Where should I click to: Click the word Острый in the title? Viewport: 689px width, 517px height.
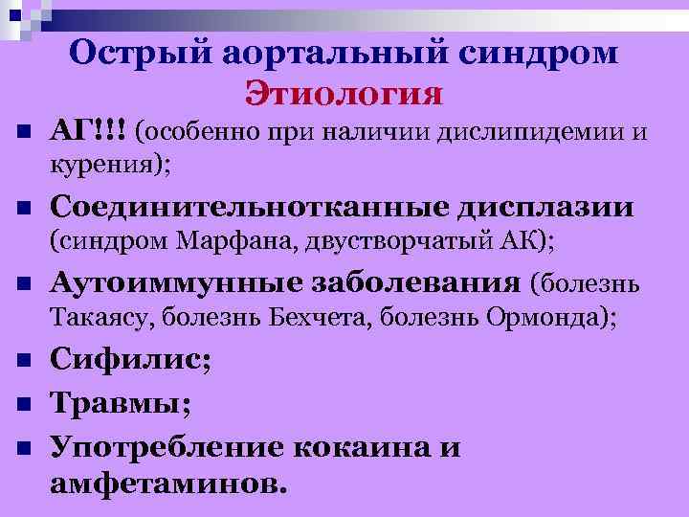click(137, 54)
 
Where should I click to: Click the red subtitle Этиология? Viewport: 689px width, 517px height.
click(344, 94)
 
